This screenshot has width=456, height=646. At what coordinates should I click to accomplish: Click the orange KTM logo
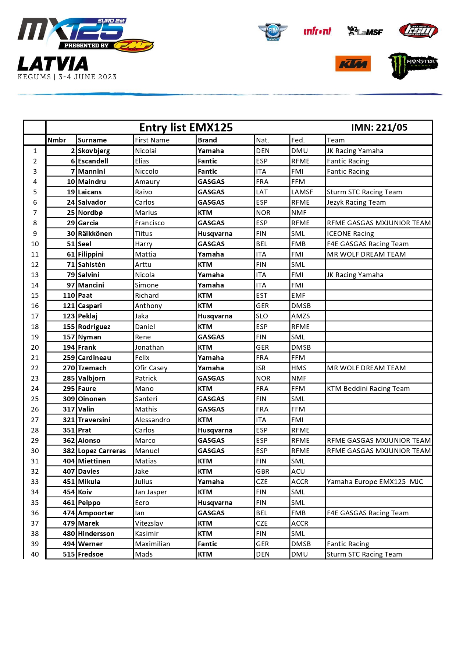(353, 64)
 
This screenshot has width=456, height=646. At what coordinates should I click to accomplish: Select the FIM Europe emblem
(272, 32)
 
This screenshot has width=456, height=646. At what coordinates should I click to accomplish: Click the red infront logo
(317, 31)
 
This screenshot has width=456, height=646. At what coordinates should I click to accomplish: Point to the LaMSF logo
(365, 31)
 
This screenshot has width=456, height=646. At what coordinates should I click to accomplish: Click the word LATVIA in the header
(53, 64)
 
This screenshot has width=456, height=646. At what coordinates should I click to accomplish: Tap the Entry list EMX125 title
(186, 127)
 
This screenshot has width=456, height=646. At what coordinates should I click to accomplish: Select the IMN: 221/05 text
(379, 127)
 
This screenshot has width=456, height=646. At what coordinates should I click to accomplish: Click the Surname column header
(92, 140)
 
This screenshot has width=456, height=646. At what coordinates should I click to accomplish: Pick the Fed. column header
(298, 140)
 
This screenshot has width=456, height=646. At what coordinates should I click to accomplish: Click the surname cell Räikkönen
(95, 234)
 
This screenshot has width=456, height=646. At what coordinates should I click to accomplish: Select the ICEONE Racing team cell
(350, 234)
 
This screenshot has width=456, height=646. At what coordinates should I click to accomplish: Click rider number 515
(69, 554)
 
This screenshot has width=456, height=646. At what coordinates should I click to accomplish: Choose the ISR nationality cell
(261, 368)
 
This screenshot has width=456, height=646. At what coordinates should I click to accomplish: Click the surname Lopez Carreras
(102, 451)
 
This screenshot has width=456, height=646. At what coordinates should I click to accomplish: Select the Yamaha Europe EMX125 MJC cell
(375, 482)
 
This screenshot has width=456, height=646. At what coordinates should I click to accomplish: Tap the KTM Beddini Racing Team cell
(368, 389)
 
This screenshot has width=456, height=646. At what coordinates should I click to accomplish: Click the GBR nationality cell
(263, 472)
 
